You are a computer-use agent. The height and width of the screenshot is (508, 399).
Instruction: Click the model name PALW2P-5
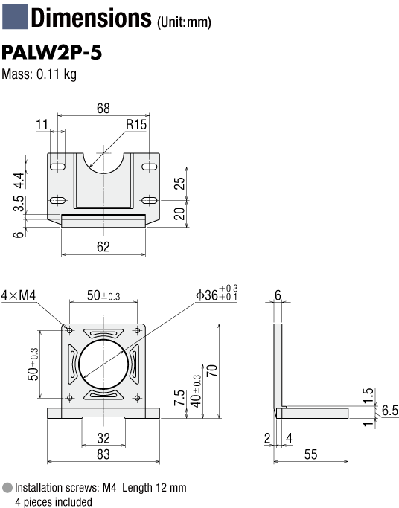pyautogui.click(x=52, y=53)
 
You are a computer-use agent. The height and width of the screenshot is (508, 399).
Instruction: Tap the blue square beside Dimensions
pyautogui.click(x=15, y=16)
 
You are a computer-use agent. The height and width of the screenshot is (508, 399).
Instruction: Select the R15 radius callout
pyautogui.click(x=136, y=124)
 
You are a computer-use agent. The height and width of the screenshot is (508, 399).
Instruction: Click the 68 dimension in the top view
pyautogui.click(x=103, y=108)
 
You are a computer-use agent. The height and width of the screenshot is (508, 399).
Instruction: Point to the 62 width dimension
pyautogui.click(x=103, y=247)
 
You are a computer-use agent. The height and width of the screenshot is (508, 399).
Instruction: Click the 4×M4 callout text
pyautogui.click(x=19, y=295)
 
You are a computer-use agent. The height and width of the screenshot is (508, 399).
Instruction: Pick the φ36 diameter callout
pyautogui.click(x=217, y=293)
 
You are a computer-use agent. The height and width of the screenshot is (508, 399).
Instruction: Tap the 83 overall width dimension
pyautogui.click(x=103, y=454)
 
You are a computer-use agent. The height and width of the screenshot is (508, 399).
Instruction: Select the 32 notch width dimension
pyautogui.click(x=103, y=438)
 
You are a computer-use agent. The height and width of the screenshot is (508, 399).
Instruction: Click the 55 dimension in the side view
pyautogui.click(x=310, y=454)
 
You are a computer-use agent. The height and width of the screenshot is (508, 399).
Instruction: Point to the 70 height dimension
pyautogui.click(x=211, y=370)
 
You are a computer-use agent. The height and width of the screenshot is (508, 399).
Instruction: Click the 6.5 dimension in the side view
pyautogui.click(x=390, y=410)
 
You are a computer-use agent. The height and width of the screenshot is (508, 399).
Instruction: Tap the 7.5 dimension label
pyautogui.click(x=179, y=398)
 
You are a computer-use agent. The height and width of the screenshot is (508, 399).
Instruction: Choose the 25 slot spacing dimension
pyautogui.click(x=179, y=184)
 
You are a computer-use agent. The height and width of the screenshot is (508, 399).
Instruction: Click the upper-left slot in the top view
pyautogui.click(x=58, y=167)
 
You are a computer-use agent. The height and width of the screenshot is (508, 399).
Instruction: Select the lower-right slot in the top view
pyautogui.click(x=150, y=201)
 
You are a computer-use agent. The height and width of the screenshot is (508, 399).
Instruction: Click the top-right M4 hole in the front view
pyautogui.click(x=138, y=330)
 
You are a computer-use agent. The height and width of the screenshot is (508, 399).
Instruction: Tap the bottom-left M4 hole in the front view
pyautogui.click(x=69, y=398)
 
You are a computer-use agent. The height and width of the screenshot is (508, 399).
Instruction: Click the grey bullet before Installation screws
pyautogui.click(x=7, y=488)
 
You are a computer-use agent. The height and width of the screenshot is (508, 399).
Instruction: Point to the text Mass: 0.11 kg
pyautogui.click(x=39, y=74)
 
